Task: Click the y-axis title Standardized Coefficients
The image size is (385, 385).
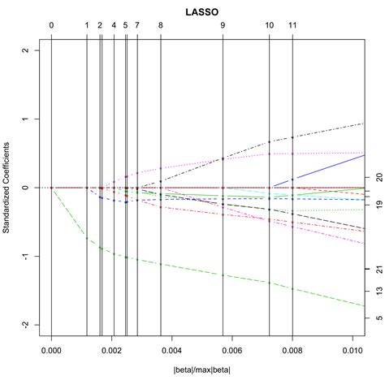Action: [x=7, y=188]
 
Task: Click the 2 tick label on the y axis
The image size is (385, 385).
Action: [x=27, y=50]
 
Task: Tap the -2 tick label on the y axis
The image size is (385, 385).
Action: [x=27, y=325]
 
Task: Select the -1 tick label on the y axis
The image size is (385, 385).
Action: [x=27, y=257]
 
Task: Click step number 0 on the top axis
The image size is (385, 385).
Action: [x=51, y=25]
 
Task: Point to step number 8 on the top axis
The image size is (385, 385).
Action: [x=161, y=25]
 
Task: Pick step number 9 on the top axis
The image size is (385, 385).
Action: [x=223, y=25]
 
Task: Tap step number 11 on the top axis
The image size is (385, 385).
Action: [x=292, y=25]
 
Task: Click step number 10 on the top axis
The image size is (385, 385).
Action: [x=270, y=25]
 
